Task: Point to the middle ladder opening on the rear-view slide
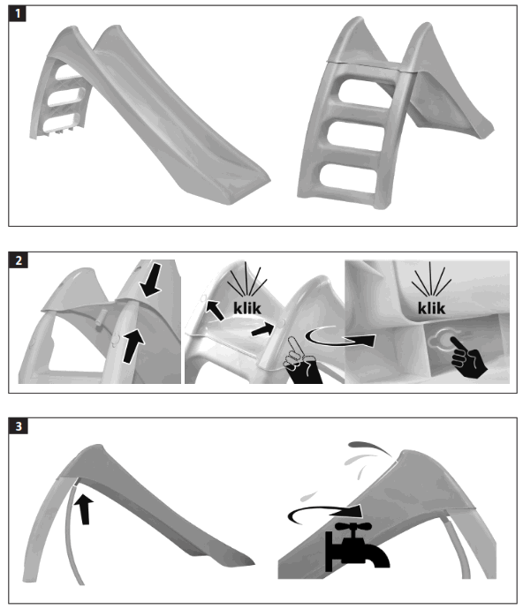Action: (357, 134)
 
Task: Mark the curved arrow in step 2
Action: (336, 336)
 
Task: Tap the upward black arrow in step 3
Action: (86, 509)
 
